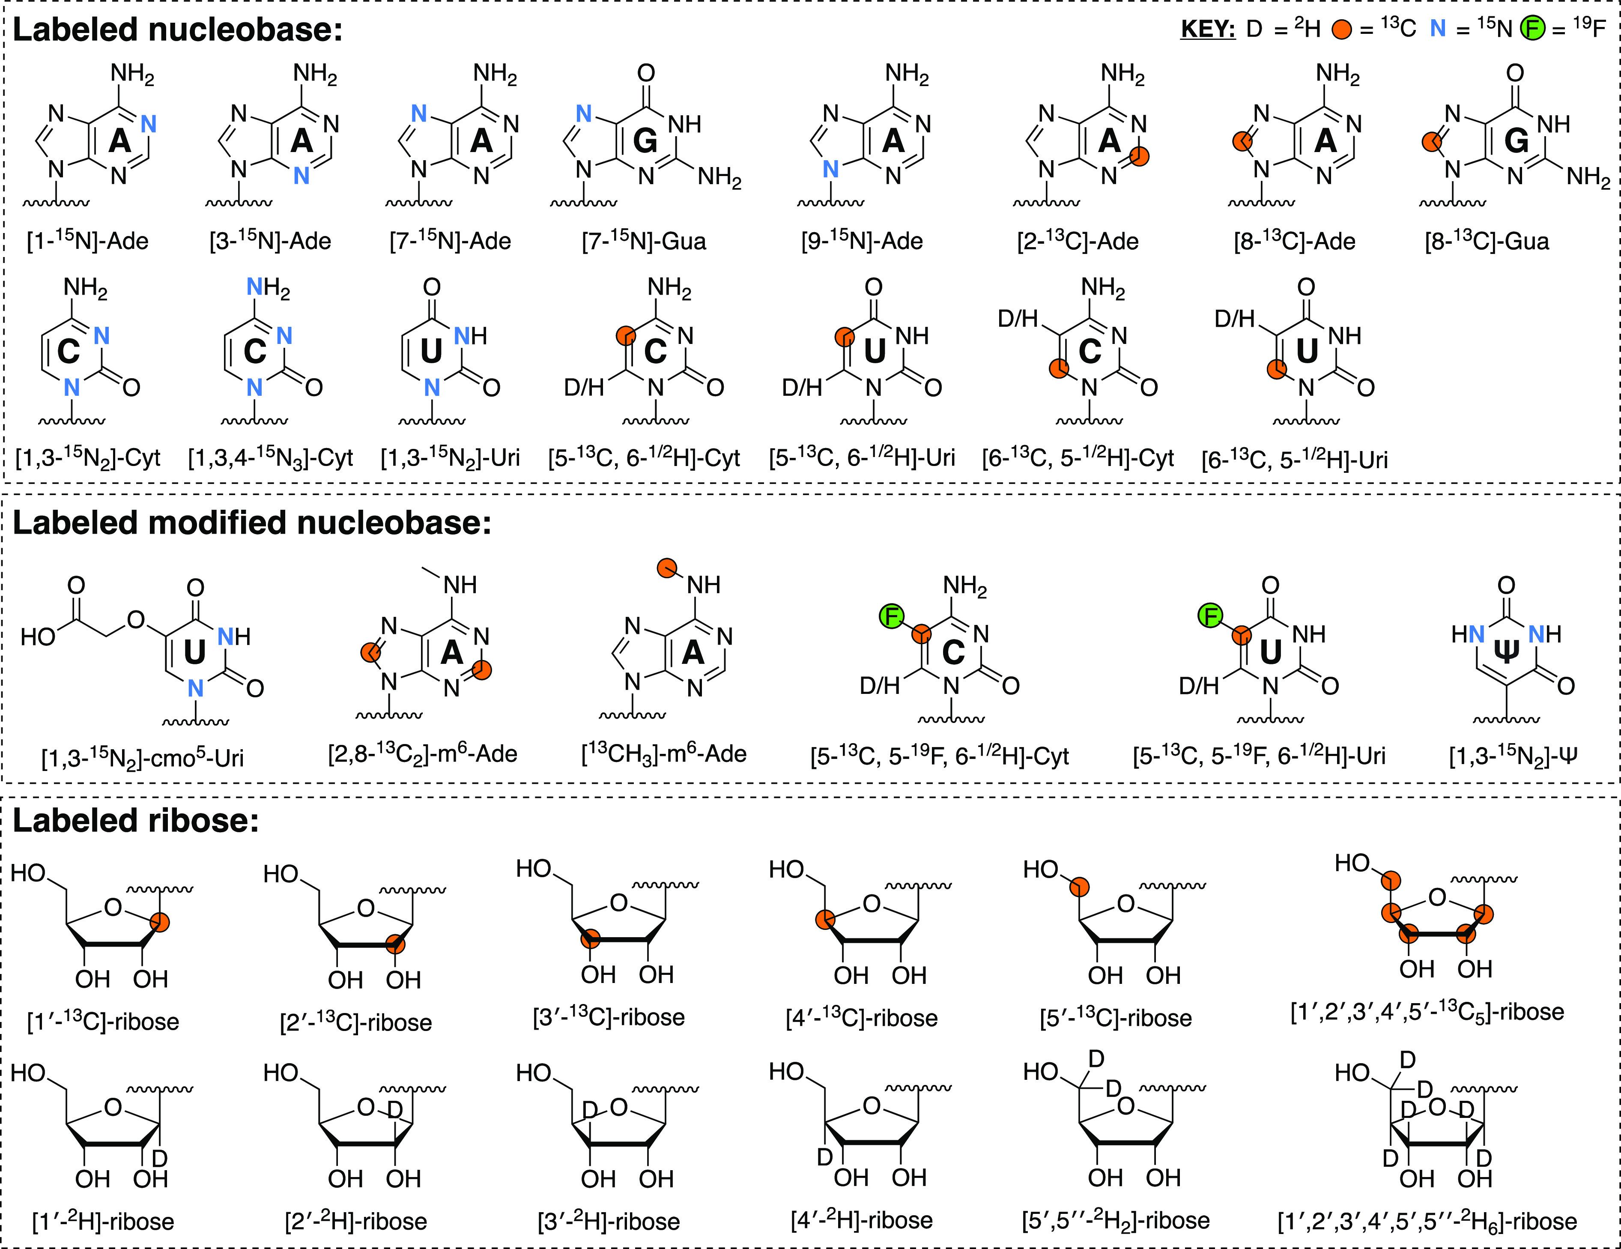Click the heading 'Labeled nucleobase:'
[x=178, y=30]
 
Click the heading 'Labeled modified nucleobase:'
[x=252, y=523]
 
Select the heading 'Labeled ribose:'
[x=136, y=820]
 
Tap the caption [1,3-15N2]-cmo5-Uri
[x=143, y=758]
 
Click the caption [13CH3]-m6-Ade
[x=663, y=754]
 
